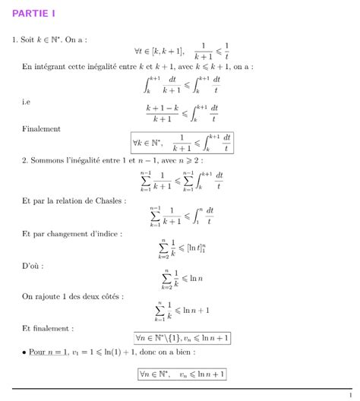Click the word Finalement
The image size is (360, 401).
[x=41, y=129]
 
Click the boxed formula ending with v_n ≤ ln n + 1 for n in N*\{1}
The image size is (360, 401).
[x=182, y=338]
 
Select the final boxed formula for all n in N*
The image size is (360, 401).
[x=182, y=374]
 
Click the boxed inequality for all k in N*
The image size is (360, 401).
[x=182, y=142]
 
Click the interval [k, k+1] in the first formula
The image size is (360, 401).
[x=160, y=52]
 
